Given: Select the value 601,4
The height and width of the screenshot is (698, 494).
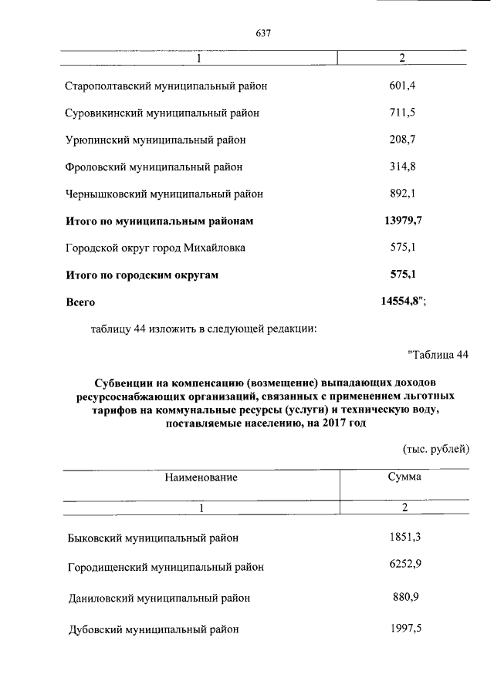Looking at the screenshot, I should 402,85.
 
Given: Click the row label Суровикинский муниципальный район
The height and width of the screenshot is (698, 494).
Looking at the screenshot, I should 162,113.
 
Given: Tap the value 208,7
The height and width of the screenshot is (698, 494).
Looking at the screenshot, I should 402,140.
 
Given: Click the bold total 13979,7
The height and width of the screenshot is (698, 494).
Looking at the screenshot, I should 402,221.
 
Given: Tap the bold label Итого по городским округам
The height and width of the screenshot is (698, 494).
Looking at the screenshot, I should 143,275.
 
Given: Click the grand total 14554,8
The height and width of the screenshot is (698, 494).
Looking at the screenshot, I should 402,302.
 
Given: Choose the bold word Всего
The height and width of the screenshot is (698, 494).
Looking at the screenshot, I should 80,303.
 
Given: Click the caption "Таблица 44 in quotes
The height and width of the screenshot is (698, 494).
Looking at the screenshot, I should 438,355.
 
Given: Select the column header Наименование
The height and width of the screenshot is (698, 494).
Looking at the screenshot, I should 201,477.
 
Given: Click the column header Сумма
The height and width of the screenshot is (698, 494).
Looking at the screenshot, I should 404,477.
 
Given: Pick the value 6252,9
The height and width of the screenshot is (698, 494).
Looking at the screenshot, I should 404,566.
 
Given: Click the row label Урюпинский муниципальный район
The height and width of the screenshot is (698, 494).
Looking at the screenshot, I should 155,140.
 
